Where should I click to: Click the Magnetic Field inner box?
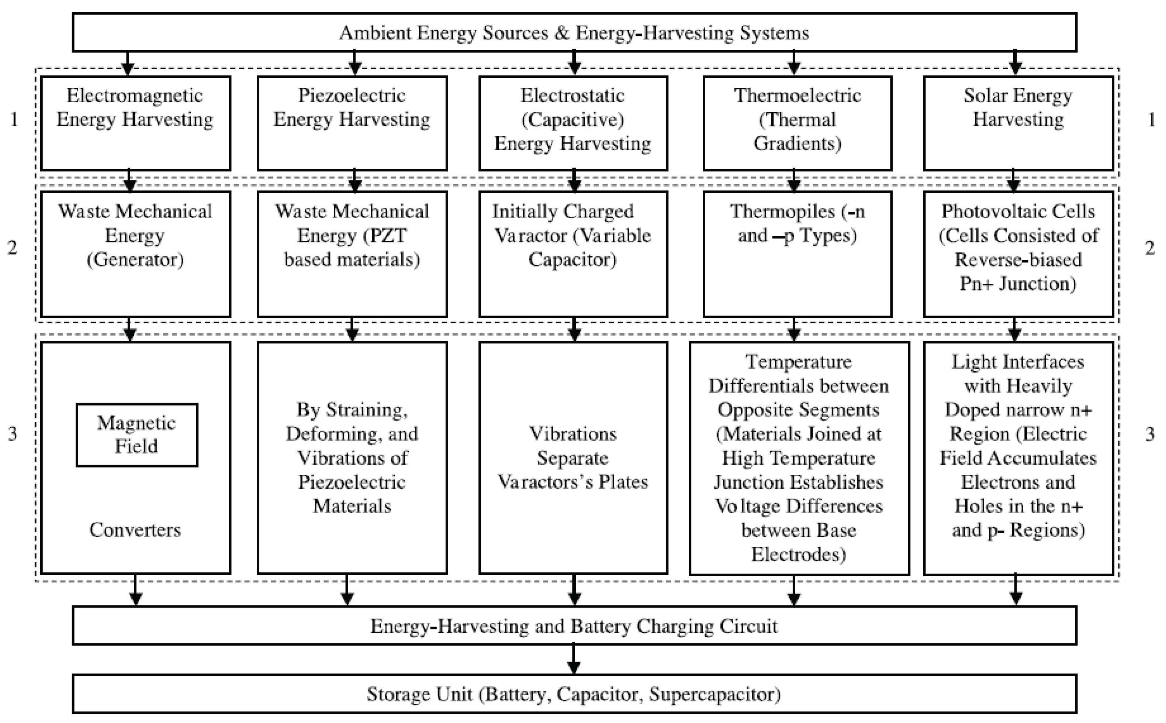pos(137,435)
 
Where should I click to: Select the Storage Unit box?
pos(574,694)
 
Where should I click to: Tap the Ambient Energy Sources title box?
pos(574,32)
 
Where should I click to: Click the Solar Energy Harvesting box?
pos(1018,123)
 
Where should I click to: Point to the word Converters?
pos(135,530)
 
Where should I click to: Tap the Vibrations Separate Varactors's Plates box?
pos(573,458)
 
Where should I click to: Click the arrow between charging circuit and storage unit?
pos(574,660)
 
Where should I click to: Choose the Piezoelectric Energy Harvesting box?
pos(352,123)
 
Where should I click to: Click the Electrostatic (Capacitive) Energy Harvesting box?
pos(573,123)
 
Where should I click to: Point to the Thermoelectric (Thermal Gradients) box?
pos(797,123)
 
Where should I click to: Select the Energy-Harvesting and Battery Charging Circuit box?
pos(574,626)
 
